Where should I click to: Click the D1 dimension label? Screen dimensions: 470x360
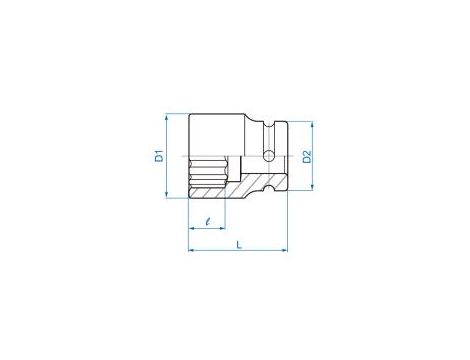160,156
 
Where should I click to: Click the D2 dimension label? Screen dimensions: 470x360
307,157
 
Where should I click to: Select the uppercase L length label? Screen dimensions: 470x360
239,245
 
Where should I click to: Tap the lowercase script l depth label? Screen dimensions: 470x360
208,221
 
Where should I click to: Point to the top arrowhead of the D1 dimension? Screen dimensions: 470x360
166,116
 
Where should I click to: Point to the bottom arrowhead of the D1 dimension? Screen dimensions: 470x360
166,195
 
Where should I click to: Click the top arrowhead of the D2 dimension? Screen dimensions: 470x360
312,124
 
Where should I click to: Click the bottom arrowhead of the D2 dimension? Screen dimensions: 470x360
312,188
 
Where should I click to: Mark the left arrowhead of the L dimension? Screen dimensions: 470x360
191,250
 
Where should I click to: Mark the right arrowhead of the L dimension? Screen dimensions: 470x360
284,250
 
